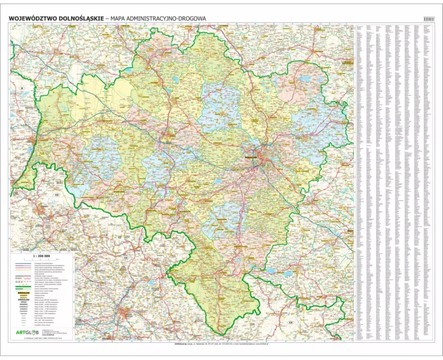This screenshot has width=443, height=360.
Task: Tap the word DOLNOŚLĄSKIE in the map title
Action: click(80, 19)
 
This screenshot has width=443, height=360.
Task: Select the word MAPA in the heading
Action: click(120, 19)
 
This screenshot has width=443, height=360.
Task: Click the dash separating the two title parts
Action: click(107, 19)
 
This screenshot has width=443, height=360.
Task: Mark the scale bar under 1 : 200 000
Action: click(41, 258)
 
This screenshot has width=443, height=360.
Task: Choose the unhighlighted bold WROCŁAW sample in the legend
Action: click(24, 299)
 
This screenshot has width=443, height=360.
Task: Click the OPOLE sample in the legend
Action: click(24, 302)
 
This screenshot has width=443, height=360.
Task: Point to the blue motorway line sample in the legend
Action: click(24, 263)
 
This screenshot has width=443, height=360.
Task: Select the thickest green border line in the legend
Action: click(24, 287)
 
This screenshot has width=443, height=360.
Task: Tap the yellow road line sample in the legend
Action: click(24, 269)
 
